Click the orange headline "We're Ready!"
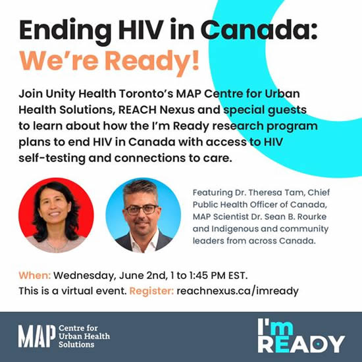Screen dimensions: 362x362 (109, 61)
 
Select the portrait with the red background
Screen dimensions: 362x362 (56, 215)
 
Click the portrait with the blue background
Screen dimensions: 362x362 (143, 215)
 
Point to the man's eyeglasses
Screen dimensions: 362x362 (142, 209)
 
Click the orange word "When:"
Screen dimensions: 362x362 (35, 275)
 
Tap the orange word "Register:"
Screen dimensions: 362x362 (151, 291)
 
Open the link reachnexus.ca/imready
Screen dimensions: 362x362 (238, 291)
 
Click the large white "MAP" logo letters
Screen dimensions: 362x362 (37, 336)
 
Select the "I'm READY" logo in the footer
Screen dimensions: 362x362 (301, 336)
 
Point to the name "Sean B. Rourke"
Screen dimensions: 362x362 (296, 217)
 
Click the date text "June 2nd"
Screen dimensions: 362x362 (142, 275)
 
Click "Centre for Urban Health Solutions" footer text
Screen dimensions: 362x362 (84, 336)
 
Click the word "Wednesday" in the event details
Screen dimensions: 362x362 (84, 275)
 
